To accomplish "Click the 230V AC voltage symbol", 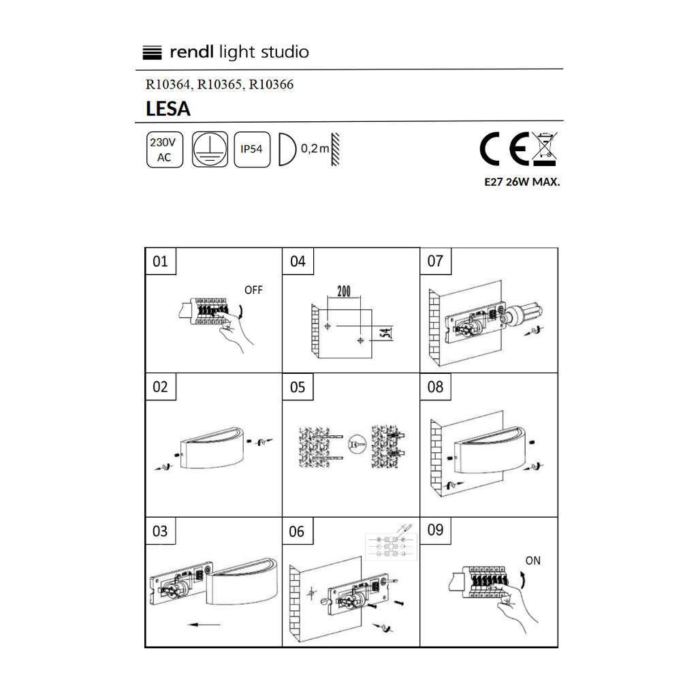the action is [x=165, y=149].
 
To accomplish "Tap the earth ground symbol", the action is [x=210, y=149].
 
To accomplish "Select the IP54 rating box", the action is [x=252, y=149].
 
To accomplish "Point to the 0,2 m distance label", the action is [x=315, y=148].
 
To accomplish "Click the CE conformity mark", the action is [x=504, y=148].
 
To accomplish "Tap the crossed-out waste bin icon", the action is [x=545, y=149].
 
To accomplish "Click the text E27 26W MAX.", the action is [x=522, y=182].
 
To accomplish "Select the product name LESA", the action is [x=168, y=108].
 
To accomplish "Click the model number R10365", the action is [x=219, y=84].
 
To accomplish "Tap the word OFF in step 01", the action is [x=253, y=289].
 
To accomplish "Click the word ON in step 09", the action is [x=533, y=560].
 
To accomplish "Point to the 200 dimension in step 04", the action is [x=344, y=291].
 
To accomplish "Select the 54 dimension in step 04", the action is [x=385, y=333].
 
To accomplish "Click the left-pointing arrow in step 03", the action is [x=204, y=625].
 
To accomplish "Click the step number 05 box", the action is [x=298, y=387].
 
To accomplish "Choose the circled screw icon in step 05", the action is [x=357, y=444].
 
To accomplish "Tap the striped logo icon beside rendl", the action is [x=152, y=52].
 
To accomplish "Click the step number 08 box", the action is [x=436, y=387].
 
